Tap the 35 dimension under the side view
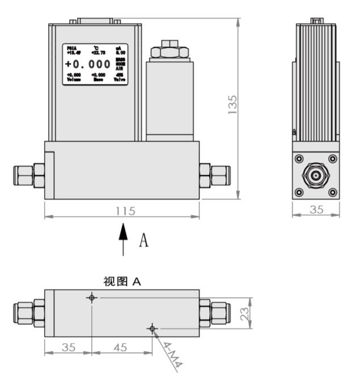(316, 209)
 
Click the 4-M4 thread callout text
(170, 356)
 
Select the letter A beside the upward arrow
(143, 240)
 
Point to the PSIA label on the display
(71, 48)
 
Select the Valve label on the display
(119, 80)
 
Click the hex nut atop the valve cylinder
(168, 50)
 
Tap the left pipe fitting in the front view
(28, 175)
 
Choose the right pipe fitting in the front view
(215, 175)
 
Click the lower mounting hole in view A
(151, 328)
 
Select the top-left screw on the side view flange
(299, 159)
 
